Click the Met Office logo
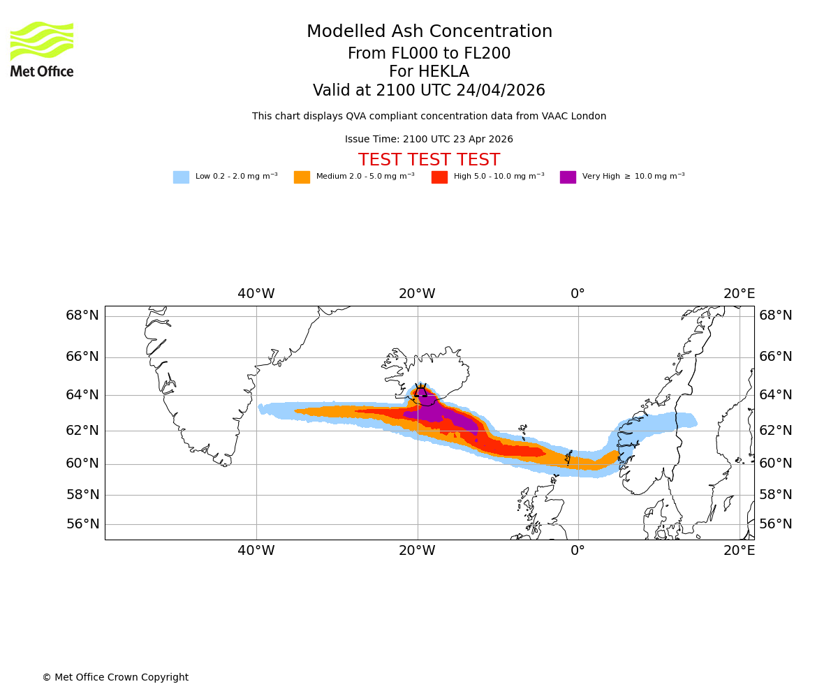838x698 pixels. point(42,49)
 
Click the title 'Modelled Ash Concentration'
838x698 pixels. point(429,32)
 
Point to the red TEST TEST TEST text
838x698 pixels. point(429,161)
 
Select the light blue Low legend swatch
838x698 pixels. point(181,177)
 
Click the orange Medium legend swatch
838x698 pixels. point(302,177)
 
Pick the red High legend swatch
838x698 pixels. point(439,177)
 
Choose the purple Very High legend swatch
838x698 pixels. point(568,177)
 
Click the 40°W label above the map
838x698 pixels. point(256,294)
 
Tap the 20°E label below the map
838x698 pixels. point(739,551)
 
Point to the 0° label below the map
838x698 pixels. point(578,551)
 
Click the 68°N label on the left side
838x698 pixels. point(82,315)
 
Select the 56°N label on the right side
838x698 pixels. point(776,524)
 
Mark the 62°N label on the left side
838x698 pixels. point(82,430)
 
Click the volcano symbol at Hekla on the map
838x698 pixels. point(420,393)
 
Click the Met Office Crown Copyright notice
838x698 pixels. point(115,678)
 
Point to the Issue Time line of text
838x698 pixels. point(429,140)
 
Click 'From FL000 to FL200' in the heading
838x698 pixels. point(429,54)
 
